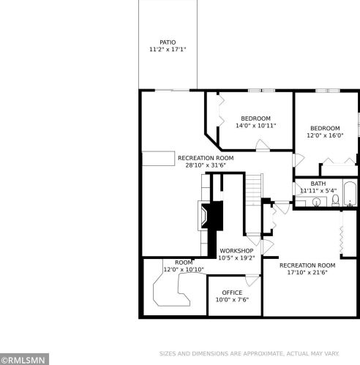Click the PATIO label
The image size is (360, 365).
coord(168,42)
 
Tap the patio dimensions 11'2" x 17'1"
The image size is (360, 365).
coord(168,49)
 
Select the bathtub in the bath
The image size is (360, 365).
coord(350,193)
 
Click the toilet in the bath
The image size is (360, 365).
coord(336,200)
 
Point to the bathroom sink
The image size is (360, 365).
coord(316,202)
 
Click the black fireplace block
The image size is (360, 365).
coord(213,216)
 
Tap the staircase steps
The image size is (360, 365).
coord(253,189)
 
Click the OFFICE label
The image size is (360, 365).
coord(232,293)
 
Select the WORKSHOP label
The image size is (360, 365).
coord(236,251)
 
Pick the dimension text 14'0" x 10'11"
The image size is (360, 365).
coord(255,126)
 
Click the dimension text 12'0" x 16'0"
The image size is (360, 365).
coord(325,135)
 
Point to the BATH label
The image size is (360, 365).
coord(318,184)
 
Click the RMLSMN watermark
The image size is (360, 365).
coord(24,360)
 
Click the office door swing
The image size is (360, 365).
coord(252,280)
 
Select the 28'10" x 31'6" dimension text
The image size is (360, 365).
coord(206,165)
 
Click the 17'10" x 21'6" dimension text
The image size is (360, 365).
coord(307,272)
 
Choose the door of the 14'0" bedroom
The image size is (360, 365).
coord(263,144)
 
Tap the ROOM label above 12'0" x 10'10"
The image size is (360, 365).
coord(184,263)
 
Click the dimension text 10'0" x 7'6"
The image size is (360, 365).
coord(232,300)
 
